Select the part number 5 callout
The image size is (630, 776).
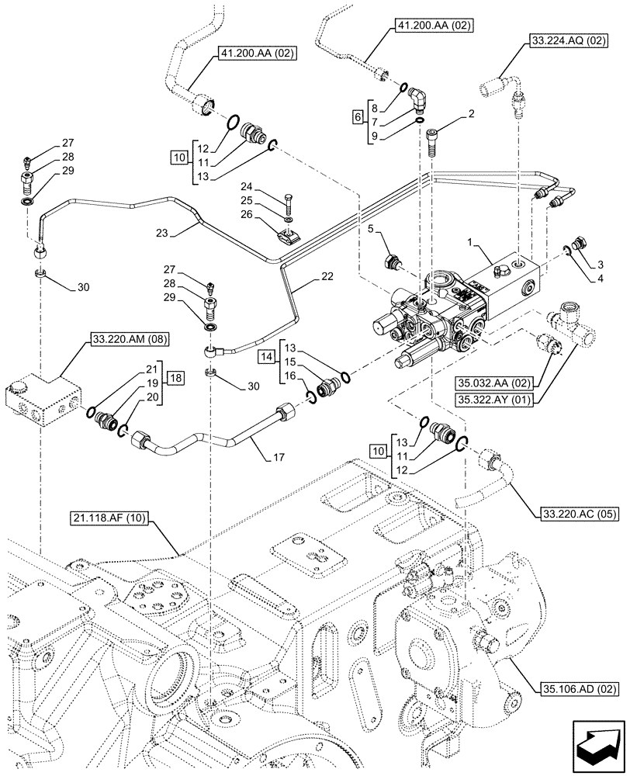372,229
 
